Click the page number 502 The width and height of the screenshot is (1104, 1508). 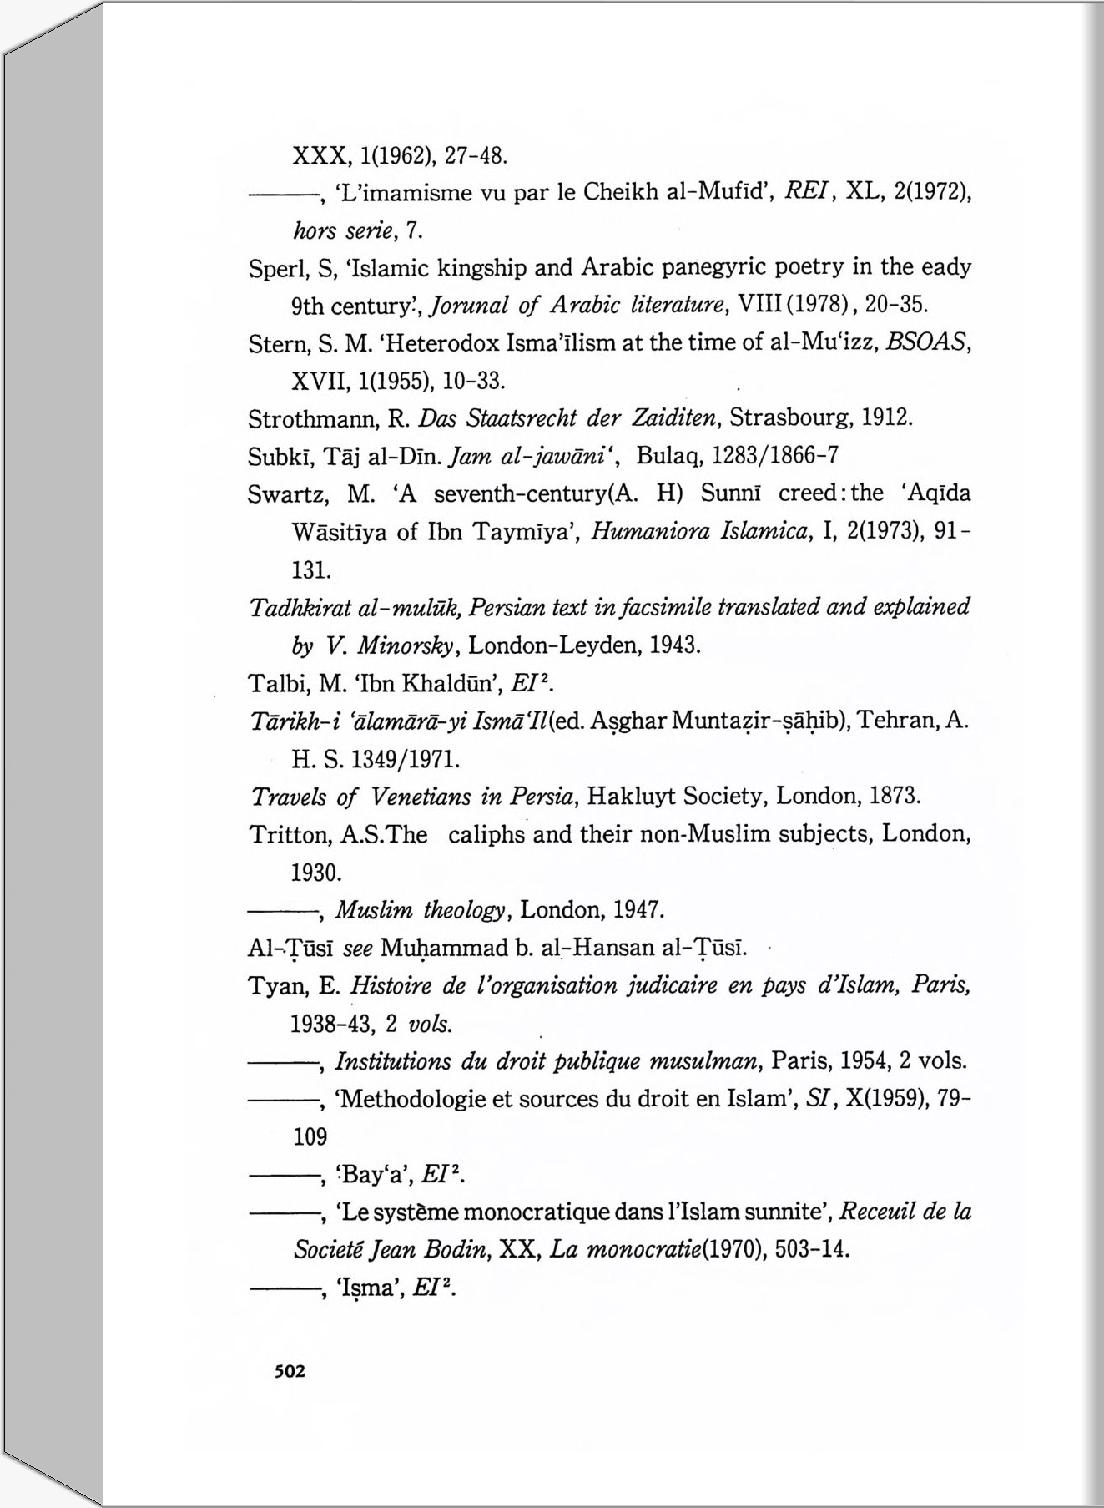tap(290, 1371)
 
